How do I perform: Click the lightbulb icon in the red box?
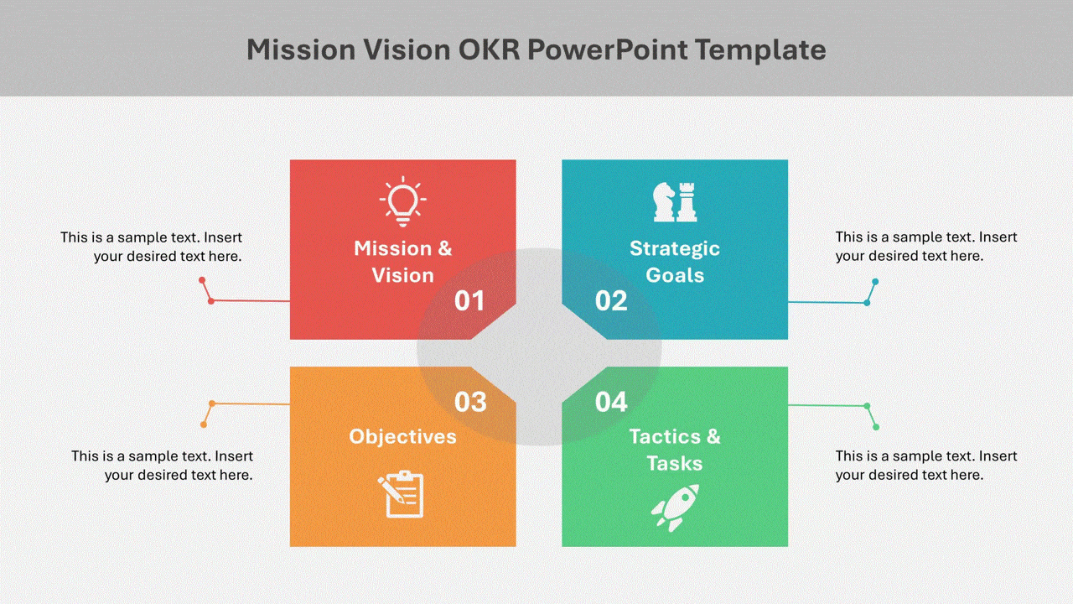tap(403, 202)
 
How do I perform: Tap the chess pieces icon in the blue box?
tap(675, 202)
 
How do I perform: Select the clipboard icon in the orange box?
tap(403, 494)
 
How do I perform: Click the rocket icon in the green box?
tap(675, 507)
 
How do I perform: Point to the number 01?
tap(469, 301)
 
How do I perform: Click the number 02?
tap(611, 301)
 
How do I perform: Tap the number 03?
tap(470, 403)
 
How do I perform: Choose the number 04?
tap(611, 403)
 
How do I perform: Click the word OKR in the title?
tap(489, 50)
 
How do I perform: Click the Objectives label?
tap(403, 436)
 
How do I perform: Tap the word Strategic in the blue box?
tap(675, 248)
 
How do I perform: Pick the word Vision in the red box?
tap(403, 275)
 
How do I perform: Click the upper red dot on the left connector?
tap(202, 279)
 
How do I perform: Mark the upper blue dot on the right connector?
tap(875, 282)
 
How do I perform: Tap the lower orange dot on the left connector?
tap(204, 424)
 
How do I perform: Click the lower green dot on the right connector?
tap(876, 427)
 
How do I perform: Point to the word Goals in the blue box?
tap(675, 275)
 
